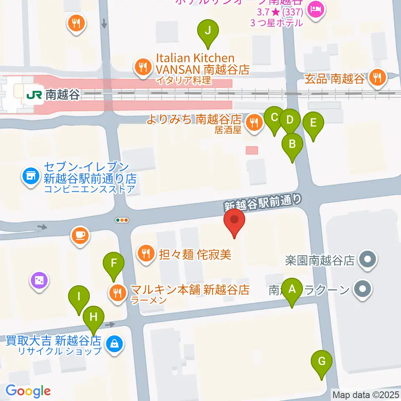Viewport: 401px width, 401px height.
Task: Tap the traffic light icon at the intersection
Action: click(122, 220)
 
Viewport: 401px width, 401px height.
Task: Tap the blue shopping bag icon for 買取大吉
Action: click(113, 344)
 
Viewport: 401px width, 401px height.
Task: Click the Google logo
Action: click(28, 391)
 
